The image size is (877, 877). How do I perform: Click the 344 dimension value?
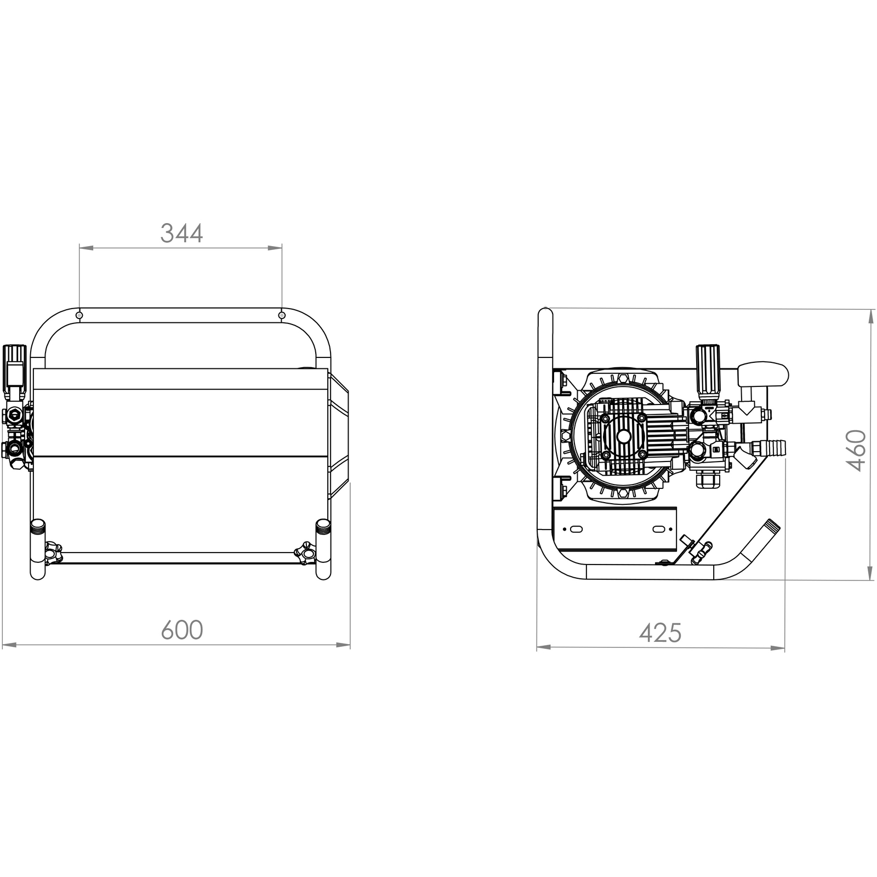tap(181, 234)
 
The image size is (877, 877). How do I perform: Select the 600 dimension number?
tap(182, 630)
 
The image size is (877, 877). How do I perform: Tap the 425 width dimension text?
tap(660, 634)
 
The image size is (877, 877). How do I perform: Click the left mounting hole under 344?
tap(79, 316)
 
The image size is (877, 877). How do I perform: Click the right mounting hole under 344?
tap(282, 316)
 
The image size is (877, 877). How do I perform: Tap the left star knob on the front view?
tap(53, 554)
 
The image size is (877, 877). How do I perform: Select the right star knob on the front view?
tap(305, 554)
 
